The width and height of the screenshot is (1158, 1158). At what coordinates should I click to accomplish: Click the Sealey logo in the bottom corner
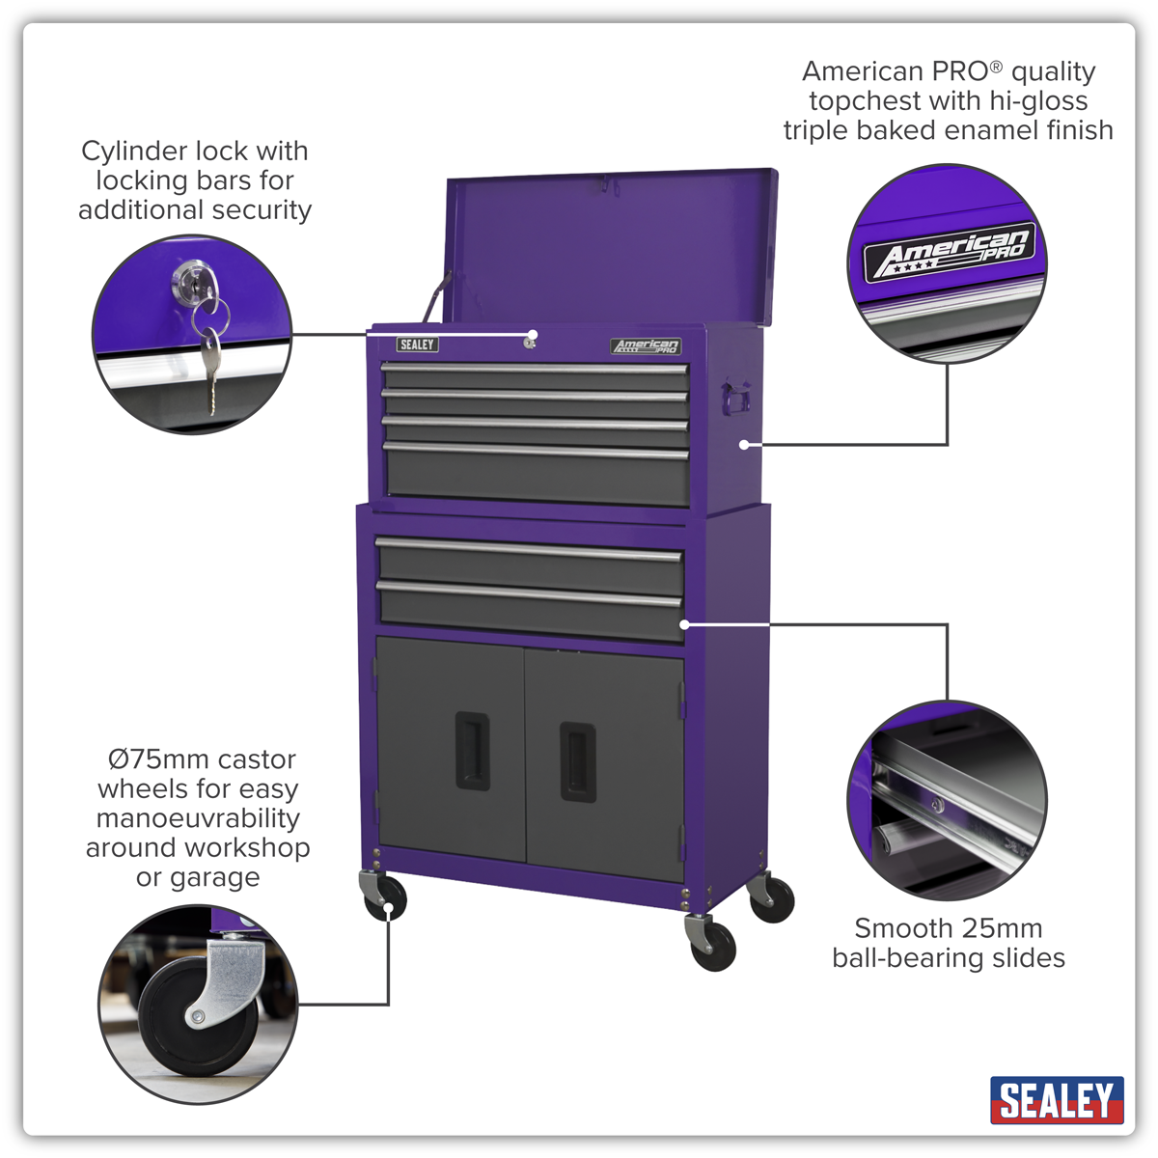tap(1057, 1100)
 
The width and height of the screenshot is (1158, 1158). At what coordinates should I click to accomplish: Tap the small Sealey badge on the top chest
tap(417, 345)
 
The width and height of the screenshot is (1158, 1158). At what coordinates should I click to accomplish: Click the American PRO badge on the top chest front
tap(646, 345)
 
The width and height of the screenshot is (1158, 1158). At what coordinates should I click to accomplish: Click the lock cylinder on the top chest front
tap(530, 343)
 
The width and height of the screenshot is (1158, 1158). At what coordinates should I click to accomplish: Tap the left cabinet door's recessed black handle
tap(472, 751)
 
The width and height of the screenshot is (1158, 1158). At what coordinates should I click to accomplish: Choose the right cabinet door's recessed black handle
tap(578, 762)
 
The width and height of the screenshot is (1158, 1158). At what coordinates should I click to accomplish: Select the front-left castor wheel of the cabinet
tap(385, 899)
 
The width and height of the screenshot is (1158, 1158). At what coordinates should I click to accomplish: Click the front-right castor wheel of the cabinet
tap(713, 948)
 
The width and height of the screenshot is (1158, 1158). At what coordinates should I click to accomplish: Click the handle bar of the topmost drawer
tap(535, 367)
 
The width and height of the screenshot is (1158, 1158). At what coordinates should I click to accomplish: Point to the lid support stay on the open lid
tap(436, 298)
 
